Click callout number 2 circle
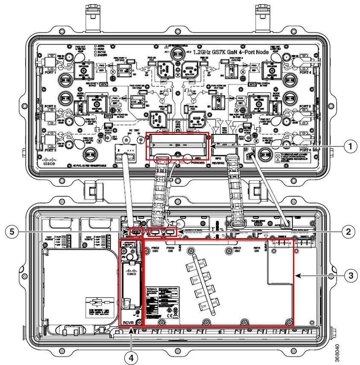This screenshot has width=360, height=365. coord(349,231)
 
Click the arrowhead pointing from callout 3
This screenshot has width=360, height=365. coord(298,275)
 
